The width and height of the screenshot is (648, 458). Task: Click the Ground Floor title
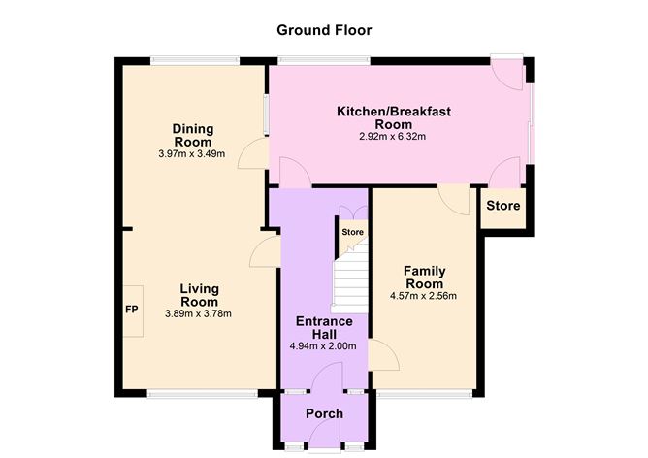click(x=324, y=30)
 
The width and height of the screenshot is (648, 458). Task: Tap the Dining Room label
click(x=192, y=136)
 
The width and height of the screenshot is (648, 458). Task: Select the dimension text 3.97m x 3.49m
click(x=192, y=154)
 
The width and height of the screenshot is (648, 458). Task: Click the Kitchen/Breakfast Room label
click(x=393, y=117)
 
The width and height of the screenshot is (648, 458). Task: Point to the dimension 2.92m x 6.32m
click(x=393, y=137)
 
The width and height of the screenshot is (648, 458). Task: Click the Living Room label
click(x=198, y=295)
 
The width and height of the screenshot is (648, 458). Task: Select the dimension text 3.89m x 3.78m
click(x=198, y=313)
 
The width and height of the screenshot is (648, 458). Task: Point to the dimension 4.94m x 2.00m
click(x=324, y=345)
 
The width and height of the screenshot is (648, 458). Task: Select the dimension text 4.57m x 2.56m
click(x=424, y=296)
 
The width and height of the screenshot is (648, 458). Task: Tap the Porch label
click(x=324, y=414)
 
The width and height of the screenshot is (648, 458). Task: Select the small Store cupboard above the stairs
click(x=352, y=232)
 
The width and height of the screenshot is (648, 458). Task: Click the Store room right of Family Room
click(x=502, y=207)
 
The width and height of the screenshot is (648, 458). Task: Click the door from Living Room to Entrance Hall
click(x=260, y=254)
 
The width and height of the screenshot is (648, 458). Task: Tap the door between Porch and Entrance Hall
click(x=330, y=378)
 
